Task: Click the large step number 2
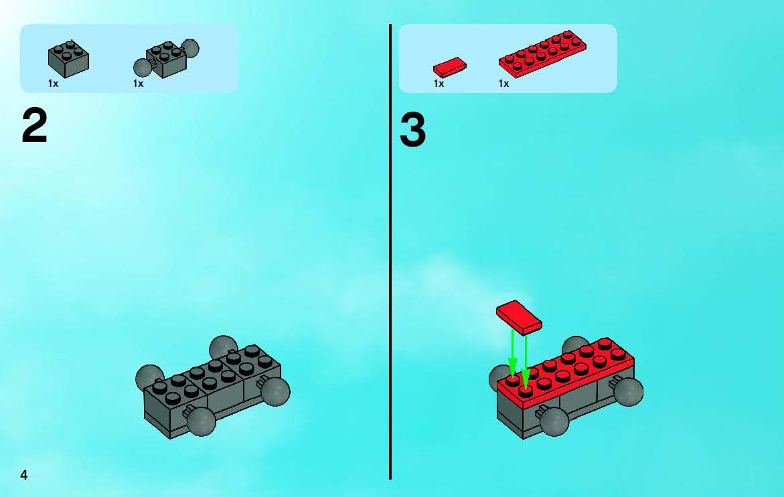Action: click(35, 126)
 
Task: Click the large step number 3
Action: click(412, 130)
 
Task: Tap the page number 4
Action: click(24, 475)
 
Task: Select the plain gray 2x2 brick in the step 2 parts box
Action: click(68, 59)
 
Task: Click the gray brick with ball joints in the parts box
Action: click(166, 58)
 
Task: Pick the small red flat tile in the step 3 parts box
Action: click(449, 67)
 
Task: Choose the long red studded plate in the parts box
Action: click(542, 54)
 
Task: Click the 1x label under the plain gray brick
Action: click(53, 84)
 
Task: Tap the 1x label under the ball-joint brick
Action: click(139, 84)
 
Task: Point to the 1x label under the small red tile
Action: click(439, 84)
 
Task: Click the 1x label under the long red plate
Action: click(503, 84)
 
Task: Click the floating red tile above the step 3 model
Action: click(518, 318)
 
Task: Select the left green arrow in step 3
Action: click(512, 353)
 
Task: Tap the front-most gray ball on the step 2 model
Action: click(202, 421)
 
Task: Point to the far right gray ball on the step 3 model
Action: click(629, 391)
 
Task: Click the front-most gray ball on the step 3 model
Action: click(554, 421)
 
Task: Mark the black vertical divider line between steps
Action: click(390, 252)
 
